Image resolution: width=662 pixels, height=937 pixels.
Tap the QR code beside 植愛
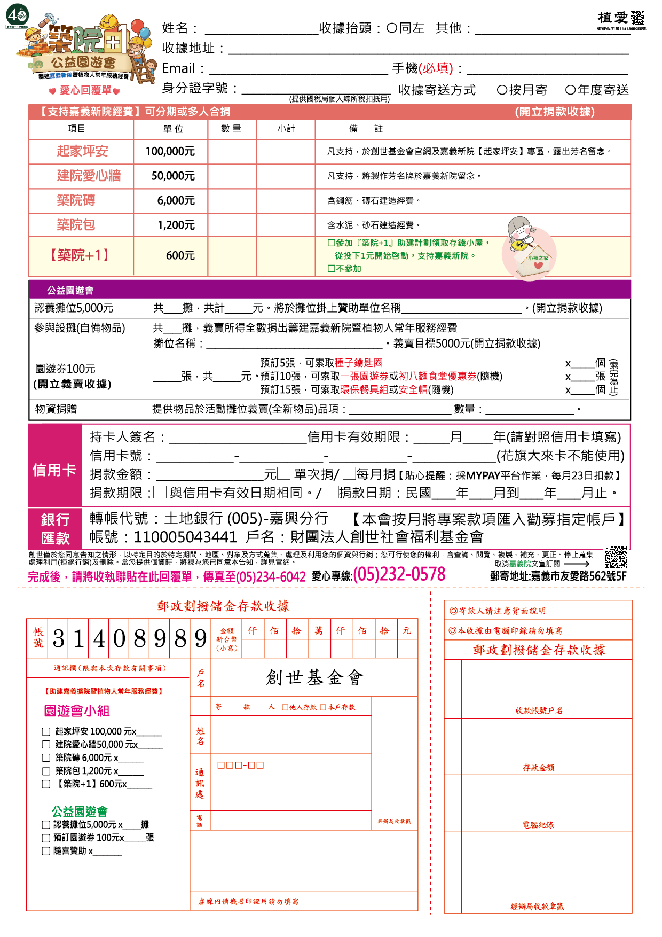637,18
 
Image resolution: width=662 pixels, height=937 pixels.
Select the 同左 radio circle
392,28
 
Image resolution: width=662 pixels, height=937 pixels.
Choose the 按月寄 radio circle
502,90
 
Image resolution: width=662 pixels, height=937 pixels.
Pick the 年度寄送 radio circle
570,90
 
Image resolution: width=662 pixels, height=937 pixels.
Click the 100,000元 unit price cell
170,152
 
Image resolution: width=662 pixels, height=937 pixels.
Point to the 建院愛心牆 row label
89,176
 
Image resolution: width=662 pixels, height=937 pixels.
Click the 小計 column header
286,129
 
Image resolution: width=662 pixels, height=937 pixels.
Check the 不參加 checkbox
332,269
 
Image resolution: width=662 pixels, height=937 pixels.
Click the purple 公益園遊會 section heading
70,290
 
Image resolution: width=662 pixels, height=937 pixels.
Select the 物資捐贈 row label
56,409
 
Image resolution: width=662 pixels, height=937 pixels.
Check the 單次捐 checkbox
283,473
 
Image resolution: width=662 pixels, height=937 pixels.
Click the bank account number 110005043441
185,537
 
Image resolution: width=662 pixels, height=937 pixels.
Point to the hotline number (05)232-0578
399,575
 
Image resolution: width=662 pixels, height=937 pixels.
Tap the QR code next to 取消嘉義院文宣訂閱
616,557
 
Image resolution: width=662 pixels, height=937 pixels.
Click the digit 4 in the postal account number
99,639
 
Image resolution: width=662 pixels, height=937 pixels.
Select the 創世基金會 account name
314,678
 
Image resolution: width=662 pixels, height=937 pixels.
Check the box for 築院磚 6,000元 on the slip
46,758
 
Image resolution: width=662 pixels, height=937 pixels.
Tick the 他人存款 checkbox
285,708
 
